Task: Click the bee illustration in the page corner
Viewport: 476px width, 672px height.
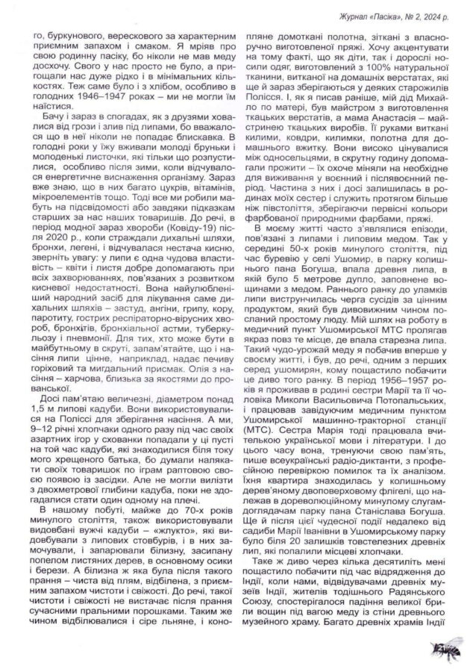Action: tap(450, 650)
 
